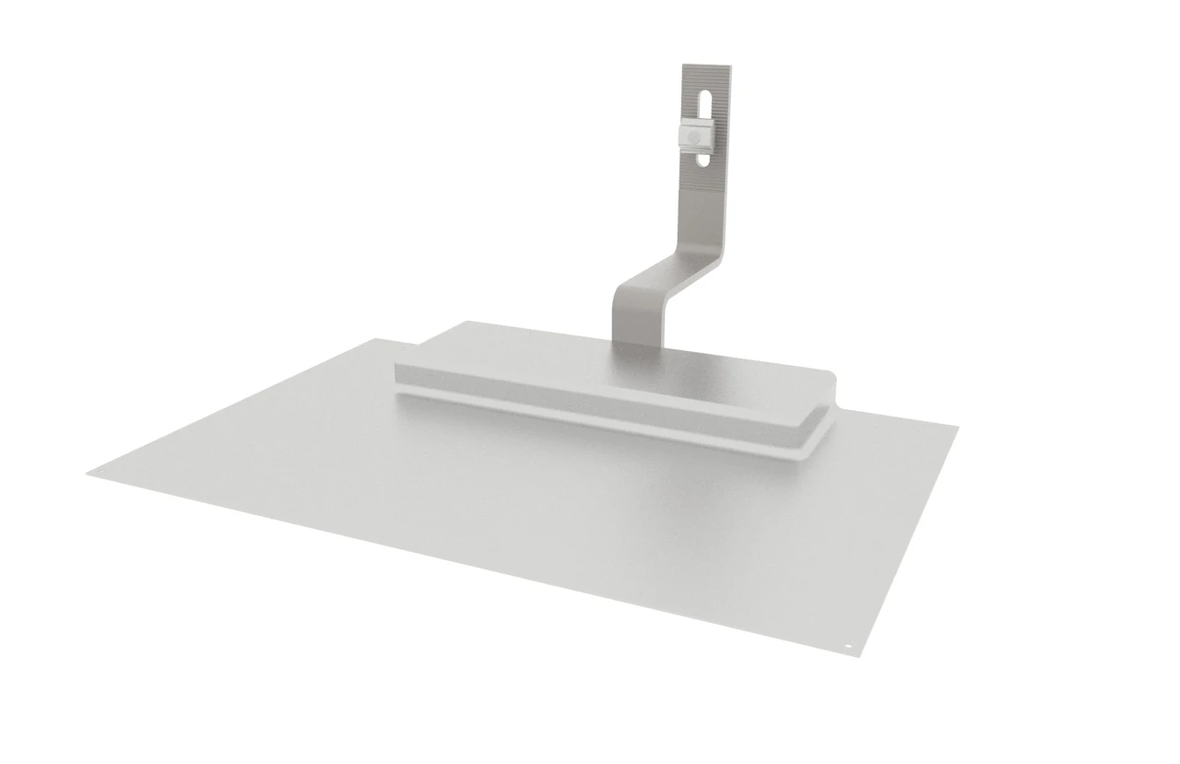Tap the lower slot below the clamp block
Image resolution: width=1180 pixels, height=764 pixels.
tap(705, 159)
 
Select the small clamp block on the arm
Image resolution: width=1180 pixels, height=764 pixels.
tap(693, 135)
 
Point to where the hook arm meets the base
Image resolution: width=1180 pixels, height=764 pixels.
tap(635, 343)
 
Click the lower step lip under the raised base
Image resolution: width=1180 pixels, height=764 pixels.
tap(599, 422)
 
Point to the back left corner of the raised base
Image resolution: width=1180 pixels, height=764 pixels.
tap(467, 323)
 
